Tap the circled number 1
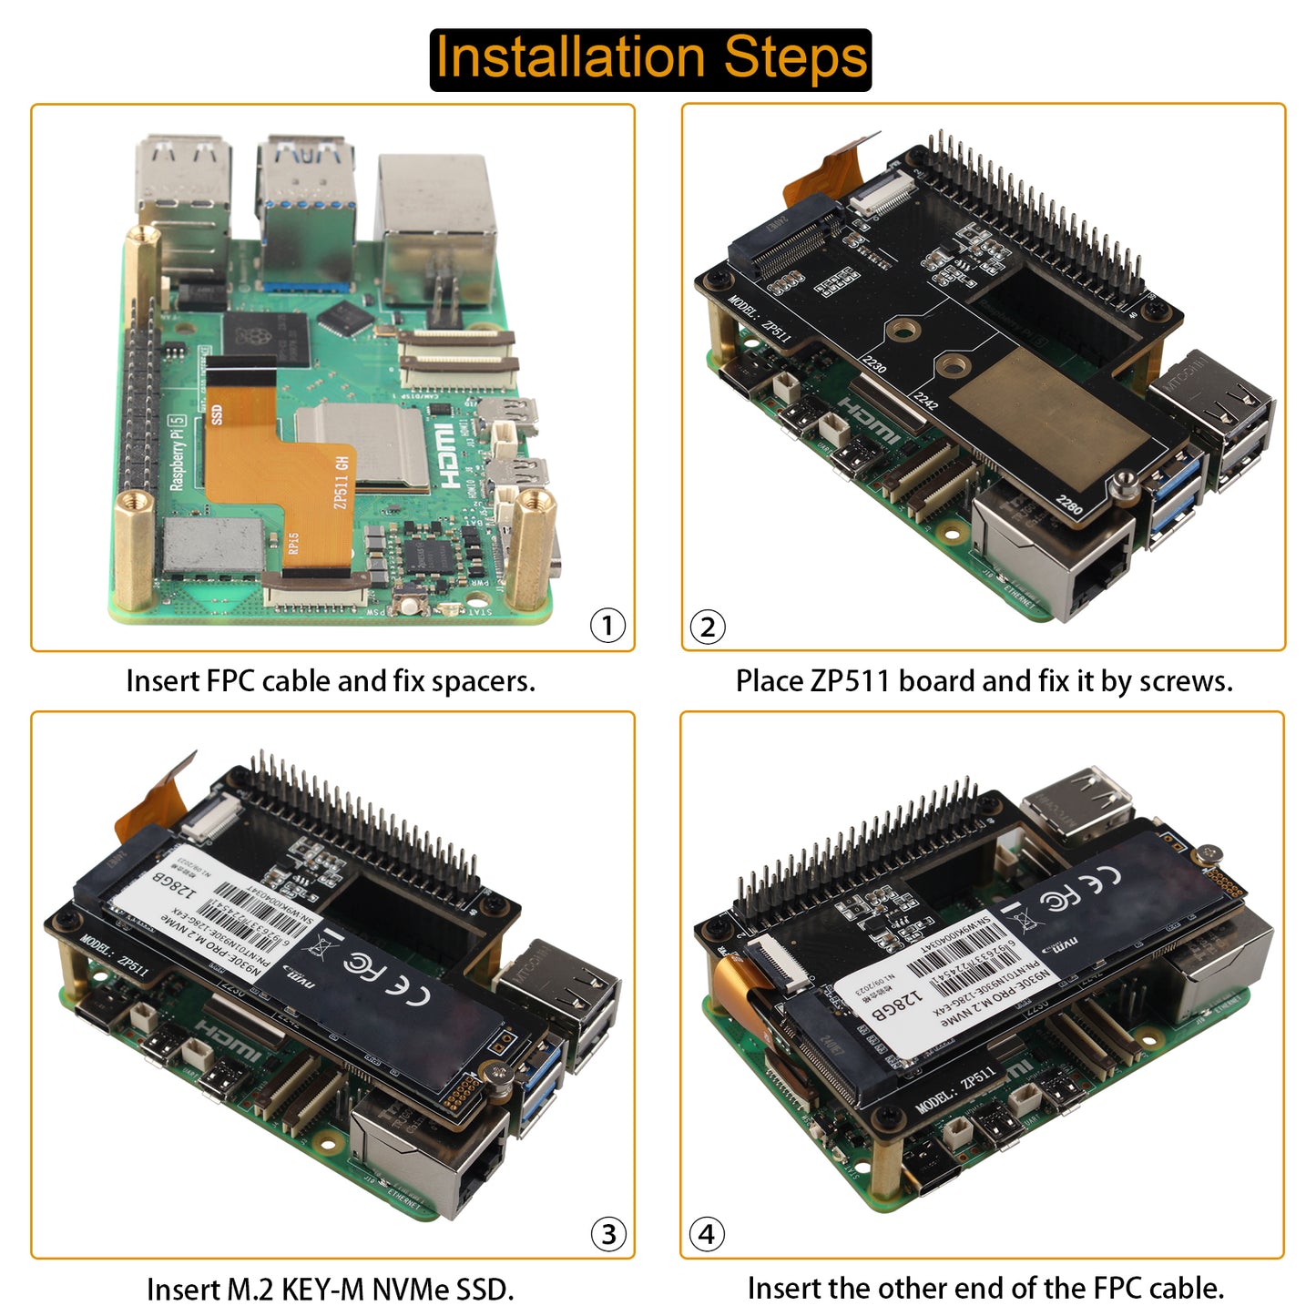tap(607, 626)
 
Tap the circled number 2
tap(708, 627)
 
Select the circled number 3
tap(608, 1234)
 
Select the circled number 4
tap(707, 1234)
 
